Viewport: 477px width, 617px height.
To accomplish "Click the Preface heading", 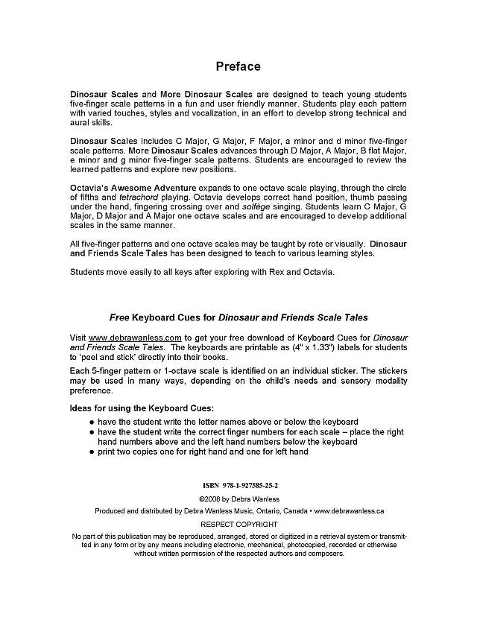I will [238, 66].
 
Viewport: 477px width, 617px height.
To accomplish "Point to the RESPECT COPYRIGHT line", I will [238, 525].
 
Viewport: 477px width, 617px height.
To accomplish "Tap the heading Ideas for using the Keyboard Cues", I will [142, 408].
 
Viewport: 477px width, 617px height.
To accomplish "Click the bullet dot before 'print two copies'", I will [91, 452].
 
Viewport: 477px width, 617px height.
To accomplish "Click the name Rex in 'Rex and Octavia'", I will [269, 272].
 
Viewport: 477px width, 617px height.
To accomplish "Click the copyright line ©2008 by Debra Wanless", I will [238, 498].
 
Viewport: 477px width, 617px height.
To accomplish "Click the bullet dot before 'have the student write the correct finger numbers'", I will [91, 432].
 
